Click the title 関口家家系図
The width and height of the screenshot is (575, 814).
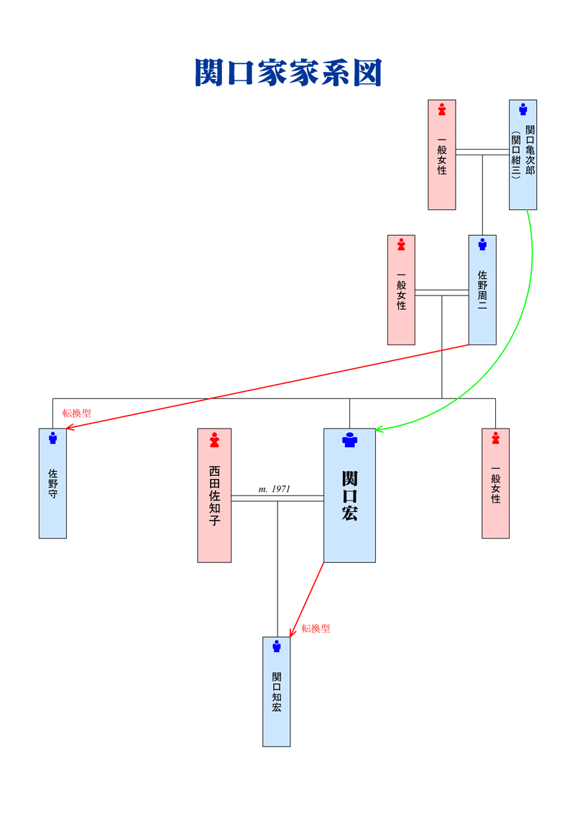[x=288, y=72]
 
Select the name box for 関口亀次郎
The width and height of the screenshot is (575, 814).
[x=523, y=155]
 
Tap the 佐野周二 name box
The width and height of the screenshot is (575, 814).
[x=482, y=290]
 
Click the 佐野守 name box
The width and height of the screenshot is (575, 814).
[x=52, y=483]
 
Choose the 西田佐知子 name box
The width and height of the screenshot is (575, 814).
[x=214, y=495]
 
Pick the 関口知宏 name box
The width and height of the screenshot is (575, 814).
[x=276, y=692]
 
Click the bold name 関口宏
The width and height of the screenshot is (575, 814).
[x=349, y=495]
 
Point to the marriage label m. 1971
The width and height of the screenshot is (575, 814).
[x=274, y=489]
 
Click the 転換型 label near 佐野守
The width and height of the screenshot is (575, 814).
[x=77, y=413]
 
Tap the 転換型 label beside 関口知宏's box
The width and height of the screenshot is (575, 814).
[x=316, y=628]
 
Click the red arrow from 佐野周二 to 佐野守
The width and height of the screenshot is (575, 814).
[x=267, y=387]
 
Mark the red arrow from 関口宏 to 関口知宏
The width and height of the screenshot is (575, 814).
[x=307, y=600]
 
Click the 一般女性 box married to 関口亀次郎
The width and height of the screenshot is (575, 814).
[x=441, y=155]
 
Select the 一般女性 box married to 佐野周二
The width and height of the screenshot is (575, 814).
[x=401, y=290]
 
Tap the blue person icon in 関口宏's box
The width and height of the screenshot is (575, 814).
[x=350, y=439]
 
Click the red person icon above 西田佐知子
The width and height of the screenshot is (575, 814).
[x=214, y=440]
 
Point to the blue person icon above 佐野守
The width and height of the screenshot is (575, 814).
[x=52, y=438]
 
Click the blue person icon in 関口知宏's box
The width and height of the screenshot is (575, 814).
[x=277, y=646]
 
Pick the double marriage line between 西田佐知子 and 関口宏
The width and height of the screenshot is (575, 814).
[x=277, y=498]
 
